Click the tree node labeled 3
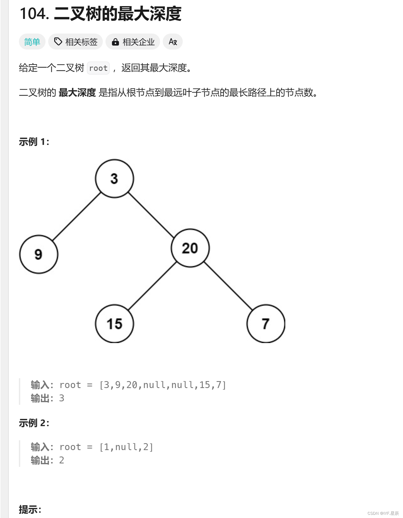coord(114,178)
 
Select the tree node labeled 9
coord(39,254)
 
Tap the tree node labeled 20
coord(190,248)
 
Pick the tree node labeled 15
coord(114,324)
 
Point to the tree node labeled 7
coord(266,324)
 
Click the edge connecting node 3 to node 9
coord(77,216)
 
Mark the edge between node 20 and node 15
coord(152,286)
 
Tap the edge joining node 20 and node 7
coord(228,286)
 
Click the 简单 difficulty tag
coord(32,42)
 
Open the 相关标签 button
coord(75,42)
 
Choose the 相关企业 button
coord(133,42)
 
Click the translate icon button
coord(173,42)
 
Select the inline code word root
coord(98,68)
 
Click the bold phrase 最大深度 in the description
coord(77,93)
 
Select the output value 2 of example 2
coord(62,460)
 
